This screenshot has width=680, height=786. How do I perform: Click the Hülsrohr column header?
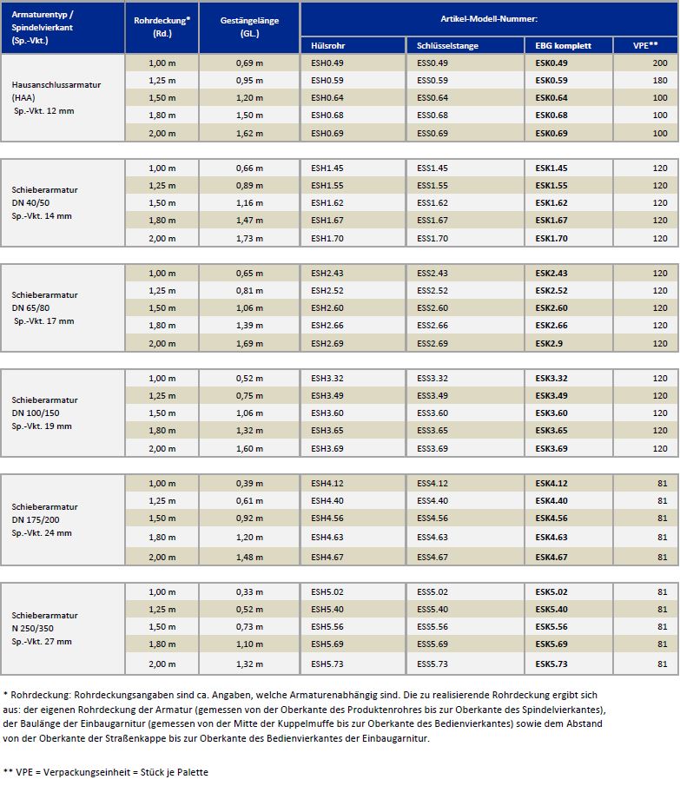coord(327,46)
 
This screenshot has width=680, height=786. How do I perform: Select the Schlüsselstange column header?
coord(447,46)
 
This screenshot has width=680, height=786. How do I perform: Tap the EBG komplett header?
coord(564,46)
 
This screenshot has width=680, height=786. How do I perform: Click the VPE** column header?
coord(645,45)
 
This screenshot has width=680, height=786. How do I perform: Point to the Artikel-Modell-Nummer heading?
coord(489,19)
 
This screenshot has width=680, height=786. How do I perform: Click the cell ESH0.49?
coord(327,63)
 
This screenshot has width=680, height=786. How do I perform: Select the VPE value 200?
coord(660,63)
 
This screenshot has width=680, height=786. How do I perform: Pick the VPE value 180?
coord(660,80)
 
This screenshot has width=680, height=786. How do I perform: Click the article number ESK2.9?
coord(549,343)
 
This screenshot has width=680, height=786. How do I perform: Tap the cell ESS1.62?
coord(432,203)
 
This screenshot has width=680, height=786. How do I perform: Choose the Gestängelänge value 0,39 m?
coord(249,483)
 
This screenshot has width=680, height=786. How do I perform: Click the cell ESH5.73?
coord(327,664)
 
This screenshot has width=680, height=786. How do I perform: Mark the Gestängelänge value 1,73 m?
coord(249,238)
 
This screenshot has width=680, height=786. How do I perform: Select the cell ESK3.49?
coord(551,395)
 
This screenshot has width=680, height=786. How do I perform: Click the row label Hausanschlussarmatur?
coord(56,85)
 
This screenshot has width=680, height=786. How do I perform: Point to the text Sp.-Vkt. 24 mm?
coord(42,533)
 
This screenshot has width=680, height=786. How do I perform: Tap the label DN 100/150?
coord(36,413)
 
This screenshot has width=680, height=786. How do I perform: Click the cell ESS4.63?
coord(432,537)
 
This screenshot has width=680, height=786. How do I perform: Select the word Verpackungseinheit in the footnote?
coord(88,772)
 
